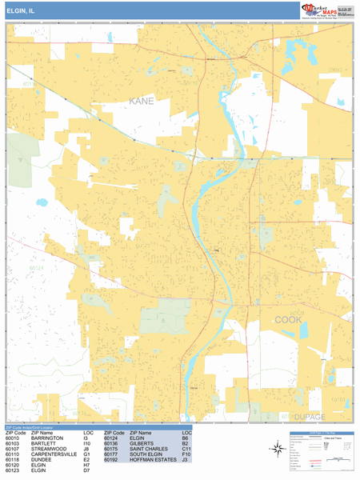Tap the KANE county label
[142, 102]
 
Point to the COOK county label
[290, 319]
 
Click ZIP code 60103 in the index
[13, 444]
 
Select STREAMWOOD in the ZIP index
[47, 450]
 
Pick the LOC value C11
[186, 450]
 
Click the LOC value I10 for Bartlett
[86, 444]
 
